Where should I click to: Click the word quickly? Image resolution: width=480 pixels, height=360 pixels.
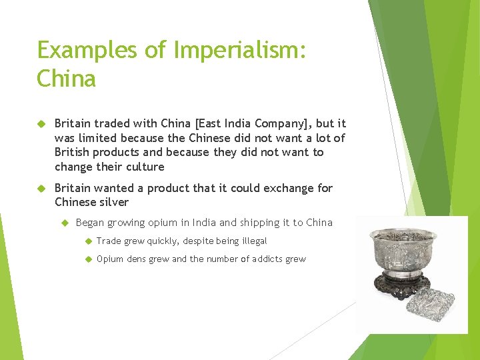[159, 241]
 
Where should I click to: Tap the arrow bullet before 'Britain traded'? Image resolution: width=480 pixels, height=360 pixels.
[41, 124]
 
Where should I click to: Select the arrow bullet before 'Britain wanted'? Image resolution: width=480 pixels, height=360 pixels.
[41, 189]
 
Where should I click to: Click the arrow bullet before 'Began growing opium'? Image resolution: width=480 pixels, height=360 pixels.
[65, 223]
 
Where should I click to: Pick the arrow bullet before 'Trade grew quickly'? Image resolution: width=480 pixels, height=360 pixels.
[87, 241]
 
